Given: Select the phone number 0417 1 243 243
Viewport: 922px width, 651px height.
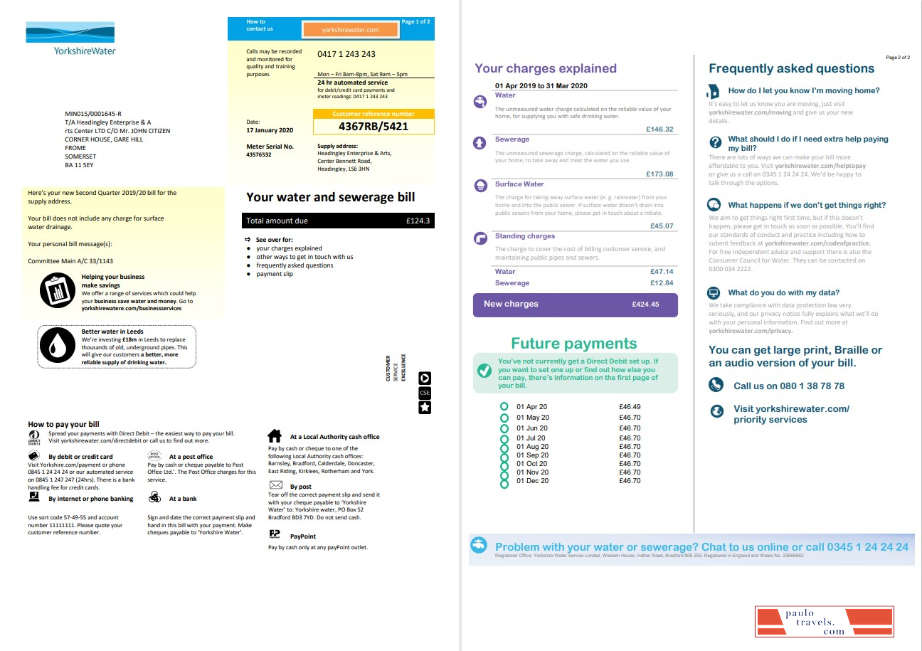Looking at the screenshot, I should click(346, 54).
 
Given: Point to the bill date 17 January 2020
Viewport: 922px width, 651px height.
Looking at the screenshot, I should click(270, 130).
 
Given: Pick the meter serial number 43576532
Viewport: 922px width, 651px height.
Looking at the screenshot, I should click(258, 154).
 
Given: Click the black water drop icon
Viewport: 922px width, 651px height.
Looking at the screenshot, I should click(55, 346).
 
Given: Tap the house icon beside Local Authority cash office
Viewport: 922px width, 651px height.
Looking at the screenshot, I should click(274, 435).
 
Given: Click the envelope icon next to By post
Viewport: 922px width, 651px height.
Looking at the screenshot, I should click(275, 485).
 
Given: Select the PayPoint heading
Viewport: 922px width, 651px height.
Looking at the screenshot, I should click(302, 536).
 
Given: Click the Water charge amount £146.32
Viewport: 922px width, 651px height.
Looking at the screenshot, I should click(659, 129).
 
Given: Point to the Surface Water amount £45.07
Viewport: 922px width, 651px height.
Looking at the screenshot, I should click(662, 226).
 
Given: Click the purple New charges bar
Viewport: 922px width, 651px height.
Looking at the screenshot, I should click(575, 305).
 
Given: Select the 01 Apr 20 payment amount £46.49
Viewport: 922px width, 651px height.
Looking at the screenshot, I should click(630, 407).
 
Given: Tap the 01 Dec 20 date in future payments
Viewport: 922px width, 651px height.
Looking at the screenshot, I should click(532, 481).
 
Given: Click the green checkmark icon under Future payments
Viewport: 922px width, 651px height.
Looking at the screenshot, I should click(484, 371).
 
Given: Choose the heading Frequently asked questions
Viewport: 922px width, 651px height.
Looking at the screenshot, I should click(791, 68).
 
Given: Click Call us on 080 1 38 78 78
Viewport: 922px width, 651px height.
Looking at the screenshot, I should click(788, 386).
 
